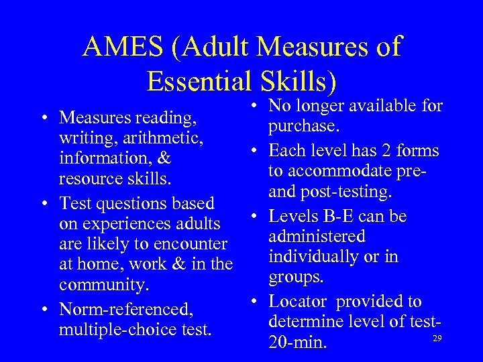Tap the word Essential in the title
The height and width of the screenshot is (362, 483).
[196, 82]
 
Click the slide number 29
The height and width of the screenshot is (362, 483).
[437, 339]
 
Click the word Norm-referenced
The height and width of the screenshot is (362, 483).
[126, 309]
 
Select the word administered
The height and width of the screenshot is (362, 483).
[317, 236]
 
